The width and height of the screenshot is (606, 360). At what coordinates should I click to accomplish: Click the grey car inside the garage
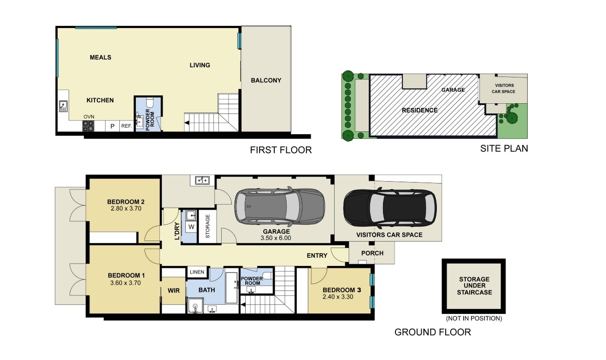point(279,205)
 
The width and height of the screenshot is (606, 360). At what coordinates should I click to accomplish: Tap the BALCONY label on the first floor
point(266,80)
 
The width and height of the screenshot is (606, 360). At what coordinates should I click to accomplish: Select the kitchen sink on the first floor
point(63,107)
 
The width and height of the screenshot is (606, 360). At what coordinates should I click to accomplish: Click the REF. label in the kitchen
point(126,126)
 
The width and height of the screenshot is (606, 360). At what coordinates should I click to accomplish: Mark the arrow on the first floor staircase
point(187,123)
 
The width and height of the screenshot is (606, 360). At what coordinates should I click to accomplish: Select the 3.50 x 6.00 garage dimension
point(276,238)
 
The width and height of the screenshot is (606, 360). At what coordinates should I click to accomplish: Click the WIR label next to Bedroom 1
point(173,290)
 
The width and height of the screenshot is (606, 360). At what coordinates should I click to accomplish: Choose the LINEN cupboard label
point(197,272)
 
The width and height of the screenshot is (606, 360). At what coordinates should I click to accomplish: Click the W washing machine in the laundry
point(191,227)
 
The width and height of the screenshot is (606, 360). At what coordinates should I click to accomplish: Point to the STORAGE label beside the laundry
point(208,226)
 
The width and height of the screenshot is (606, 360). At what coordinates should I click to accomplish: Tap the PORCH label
point(372,253)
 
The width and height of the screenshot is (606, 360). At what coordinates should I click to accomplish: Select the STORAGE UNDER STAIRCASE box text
point(475,286)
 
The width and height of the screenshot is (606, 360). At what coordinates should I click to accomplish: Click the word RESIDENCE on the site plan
point(419,110)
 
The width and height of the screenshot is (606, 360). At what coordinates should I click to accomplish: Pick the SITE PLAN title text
point(504,148)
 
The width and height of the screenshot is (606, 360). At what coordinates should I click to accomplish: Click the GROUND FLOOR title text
point(433,332)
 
